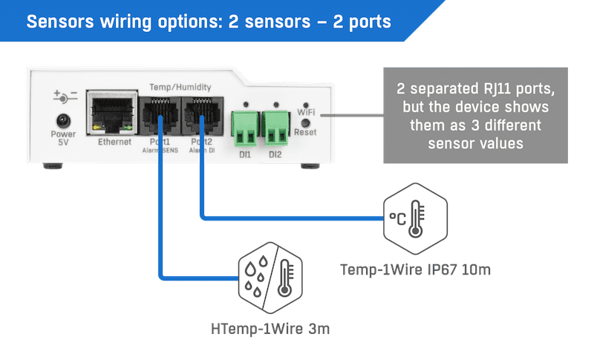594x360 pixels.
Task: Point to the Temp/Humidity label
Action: pos(180,87)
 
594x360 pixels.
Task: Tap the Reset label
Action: pos(306,131)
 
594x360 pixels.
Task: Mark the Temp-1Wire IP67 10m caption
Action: pos(416,269)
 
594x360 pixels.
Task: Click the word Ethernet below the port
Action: pos(114,141)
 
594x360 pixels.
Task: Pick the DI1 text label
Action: pos(244,154)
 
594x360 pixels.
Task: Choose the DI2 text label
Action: pos(275,154)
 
